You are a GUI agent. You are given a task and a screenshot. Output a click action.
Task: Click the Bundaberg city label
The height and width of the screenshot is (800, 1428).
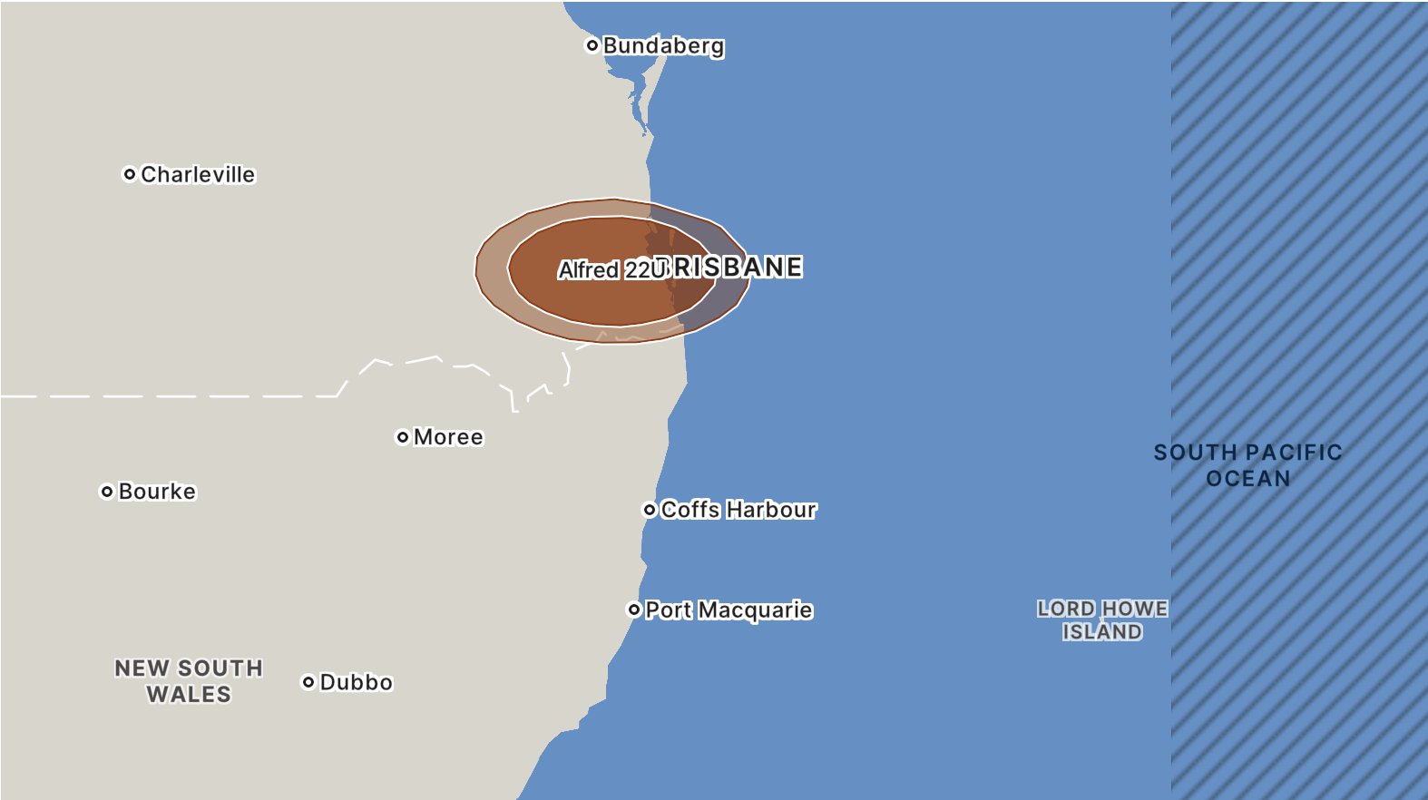(663, 45)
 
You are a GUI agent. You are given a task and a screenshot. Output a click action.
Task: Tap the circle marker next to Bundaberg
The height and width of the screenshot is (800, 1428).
(592, 45)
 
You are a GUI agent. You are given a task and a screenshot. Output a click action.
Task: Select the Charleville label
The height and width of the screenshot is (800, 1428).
(198, 174)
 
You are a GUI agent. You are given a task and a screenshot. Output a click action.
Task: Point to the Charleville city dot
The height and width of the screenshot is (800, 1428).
(130, 174)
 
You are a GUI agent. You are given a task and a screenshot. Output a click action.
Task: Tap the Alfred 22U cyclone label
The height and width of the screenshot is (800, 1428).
(611, 270)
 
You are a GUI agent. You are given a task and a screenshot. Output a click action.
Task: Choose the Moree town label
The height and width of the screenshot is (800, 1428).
(448, 437)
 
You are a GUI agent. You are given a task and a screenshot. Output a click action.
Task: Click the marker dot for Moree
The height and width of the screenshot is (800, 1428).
(403, 437)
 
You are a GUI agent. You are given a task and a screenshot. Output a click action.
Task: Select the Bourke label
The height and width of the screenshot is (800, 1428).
(157, 492)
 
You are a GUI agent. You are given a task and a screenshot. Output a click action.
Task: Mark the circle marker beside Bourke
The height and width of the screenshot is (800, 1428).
(107, 492)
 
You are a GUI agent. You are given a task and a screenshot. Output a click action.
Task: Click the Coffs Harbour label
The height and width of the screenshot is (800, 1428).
(738, 510)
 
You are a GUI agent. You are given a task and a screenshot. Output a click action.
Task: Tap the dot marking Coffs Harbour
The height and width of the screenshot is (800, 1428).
(650, 510)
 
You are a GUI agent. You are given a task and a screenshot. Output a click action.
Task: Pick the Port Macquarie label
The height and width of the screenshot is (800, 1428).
(729, 610)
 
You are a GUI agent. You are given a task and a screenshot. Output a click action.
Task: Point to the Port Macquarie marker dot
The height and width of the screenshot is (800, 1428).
(634, 610)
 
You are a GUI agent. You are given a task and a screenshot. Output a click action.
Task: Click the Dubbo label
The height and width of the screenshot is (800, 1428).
(356, 682)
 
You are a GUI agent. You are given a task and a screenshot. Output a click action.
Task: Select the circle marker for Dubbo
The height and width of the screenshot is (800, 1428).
(308, 682)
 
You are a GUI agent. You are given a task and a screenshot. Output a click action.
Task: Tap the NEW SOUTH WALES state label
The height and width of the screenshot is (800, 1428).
(189, 681)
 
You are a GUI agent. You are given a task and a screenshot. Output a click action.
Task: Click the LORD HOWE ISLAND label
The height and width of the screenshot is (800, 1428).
(1102, 620)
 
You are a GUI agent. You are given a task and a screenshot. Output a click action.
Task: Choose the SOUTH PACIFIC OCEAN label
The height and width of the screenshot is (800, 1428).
(1247, 465)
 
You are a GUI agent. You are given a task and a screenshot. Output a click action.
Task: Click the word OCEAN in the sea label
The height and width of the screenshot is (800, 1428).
(1247, 479)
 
